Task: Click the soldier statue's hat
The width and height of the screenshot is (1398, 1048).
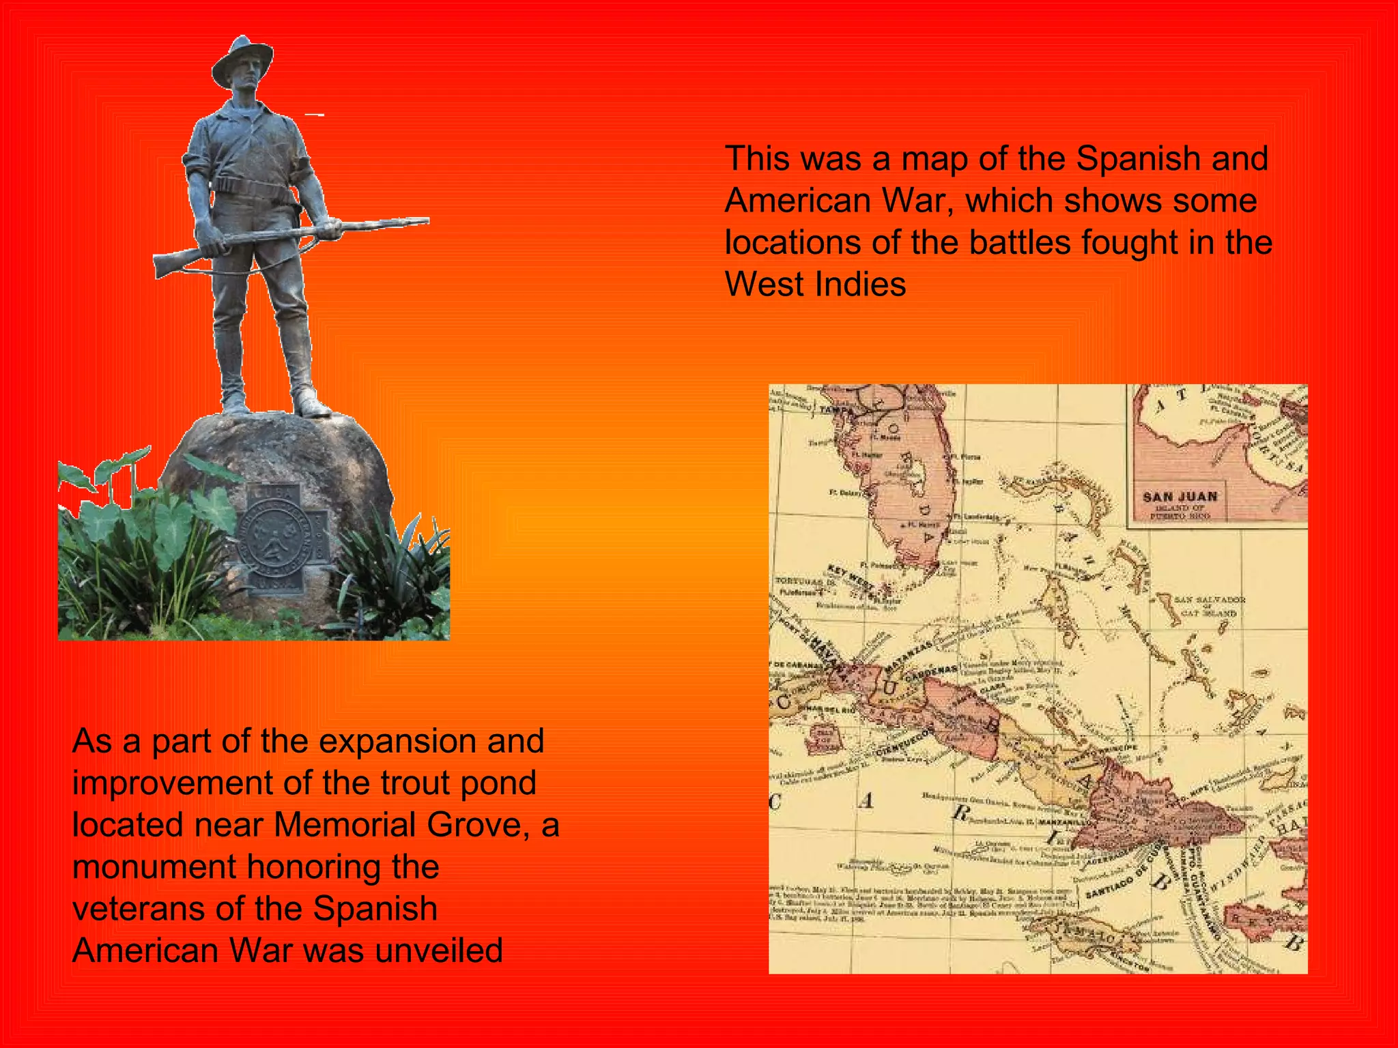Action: coord(242,60)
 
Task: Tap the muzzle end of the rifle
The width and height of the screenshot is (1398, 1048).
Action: coord(425,220)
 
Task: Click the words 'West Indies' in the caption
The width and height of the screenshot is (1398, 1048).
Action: coord(815,285)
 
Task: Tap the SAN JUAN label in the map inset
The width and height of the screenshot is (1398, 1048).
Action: coord(1180,497)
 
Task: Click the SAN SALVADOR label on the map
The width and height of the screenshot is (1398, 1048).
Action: coord(1210,600)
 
